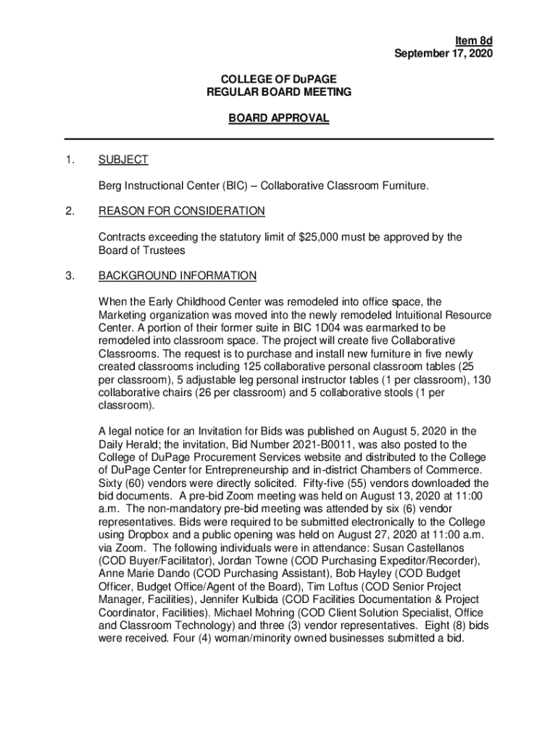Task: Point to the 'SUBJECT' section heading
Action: tap(123, 160)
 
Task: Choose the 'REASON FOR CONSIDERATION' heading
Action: tap(182, 211)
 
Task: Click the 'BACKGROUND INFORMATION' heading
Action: tap(178, 276)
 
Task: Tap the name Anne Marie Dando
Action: tap(139, 573)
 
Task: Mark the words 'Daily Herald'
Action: tap(130, 444)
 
